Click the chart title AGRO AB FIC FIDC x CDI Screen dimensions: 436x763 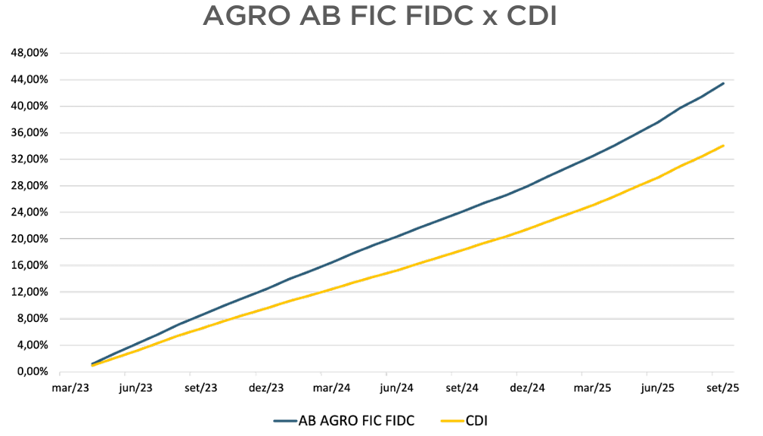tap(380, 17)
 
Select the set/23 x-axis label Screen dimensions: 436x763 tap(201, 388)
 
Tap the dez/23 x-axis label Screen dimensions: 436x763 tap(266, 388)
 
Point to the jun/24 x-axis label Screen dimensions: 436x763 tap(396, 388)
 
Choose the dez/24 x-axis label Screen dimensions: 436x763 tap(527, 388)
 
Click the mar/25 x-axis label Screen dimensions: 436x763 tap(592, 388)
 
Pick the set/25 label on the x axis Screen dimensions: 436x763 tap(722, 388)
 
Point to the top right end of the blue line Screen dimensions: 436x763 tap(724, 83)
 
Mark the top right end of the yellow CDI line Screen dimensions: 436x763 tap(724, 145)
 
